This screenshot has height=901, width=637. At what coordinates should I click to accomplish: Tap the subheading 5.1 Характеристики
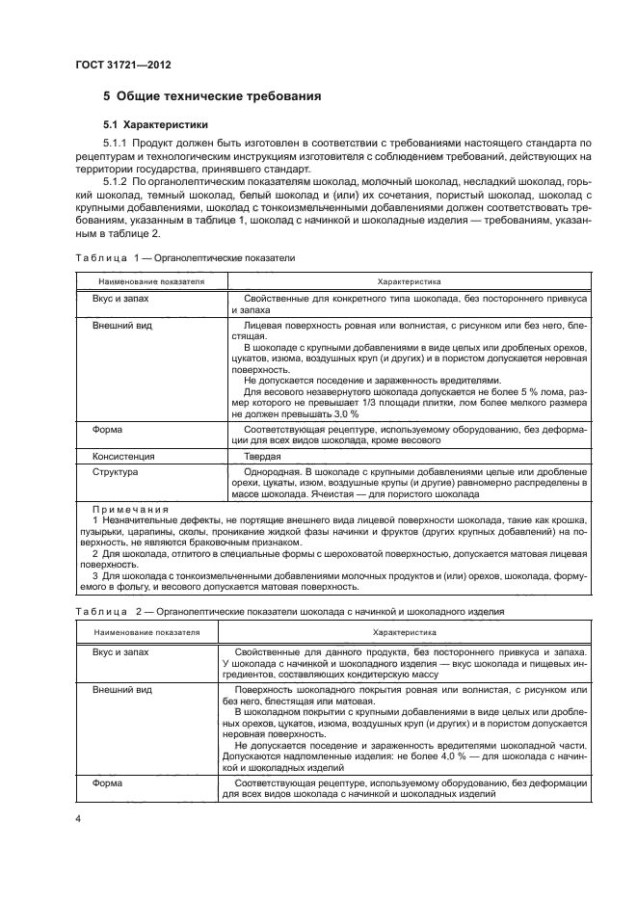pyautogui.click(x=155, y=125)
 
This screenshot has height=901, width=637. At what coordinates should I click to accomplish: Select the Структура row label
pyautogui.click(x=115, y=472)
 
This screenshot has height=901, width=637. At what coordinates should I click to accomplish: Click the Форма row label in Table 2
pyautogui.click(x=107, y=784)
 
